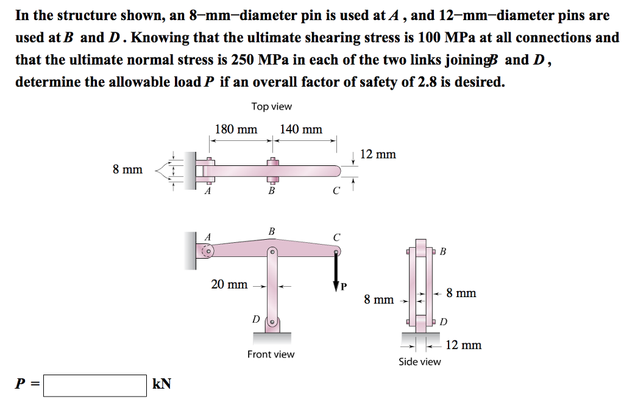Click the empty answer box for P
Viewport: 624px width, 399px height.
(95, 385)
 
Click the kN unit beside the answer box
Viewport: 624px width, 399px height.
(161, 384)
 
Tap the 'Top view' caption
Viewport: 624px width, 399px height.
(272, 107)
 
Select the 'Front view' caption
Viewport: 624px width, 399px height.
(271, 354)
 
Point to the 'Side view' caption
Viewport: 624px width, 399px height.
(419, 362)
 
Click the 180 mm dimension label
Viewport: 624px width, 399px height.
(236, 129)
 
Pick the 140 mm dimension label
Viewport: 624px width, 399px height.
(301, 129)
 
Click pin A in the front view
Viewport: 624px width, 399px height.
(208, 250)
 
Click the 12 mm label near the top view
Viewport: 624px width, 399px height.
(378, 154)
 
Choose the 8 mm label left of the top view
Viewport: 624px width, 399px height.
(127, 169)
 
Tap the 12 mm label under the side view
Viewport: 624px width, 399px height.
(464, 345)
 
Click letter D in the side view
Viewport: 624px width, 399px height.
(444, 322)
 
